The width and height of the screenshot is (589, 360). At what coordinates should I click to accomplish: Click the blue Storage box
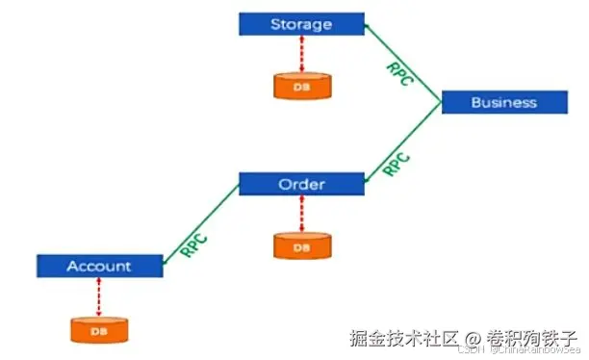pyautogui.click(x=300, y=24)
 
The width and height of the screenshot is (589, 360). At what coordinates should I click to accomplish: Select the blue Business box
pyautogui.click(x=502, y=102)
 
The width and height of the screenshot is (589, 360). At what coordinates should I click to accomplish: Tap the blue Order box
pyautogui.click(x=300, y=184)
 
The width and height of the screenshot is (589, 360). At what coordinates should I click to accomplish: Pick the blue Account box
pyautogui.click(x=98, y=266)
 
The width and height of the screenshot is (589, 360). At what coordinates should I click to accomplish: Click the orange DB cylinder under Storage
pyautogui.click(x=301, y=86)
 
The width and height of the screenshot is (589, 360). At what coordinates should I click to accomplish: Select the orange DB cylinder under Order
pyautogui.click(x=301, y=246)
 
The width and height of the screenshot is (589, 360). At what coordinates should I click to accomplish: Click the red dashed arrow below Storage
pyautogui.click(x=301, y=53)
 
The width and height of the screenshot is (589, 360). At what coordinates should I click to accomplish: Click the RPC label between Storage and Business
pyautogui.click(x=398, y=73)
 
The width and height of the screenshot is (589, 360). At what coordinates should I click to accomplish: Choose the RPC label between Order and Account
pyautogui.click(x=194, y=237)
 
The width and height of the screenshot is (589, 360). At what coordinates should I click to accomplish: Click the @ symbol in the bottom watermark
pyautogui.click(x=472, y=339)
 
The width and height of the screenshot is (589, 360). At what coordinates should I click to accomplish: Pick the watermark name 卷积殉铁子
pyautogui.click(x=530, y=339)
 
